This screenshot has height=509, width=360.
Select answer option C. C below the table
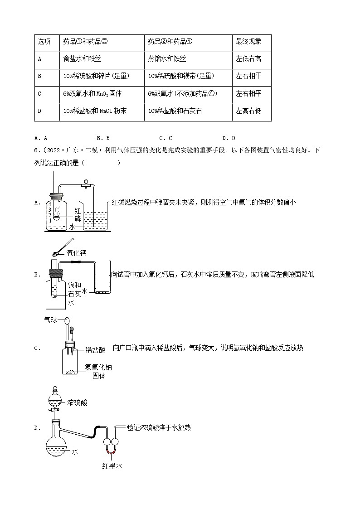coord(165,138)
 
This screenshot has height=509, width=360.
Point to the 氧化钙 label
coord(76,253)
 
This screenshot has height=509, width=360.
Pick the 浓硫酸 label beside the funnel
coord(77,402)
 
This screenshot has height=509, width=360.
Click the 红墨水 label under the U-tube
coord(112,466)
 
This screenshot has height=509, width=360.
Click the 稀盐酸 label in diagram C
coord(96,350)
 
